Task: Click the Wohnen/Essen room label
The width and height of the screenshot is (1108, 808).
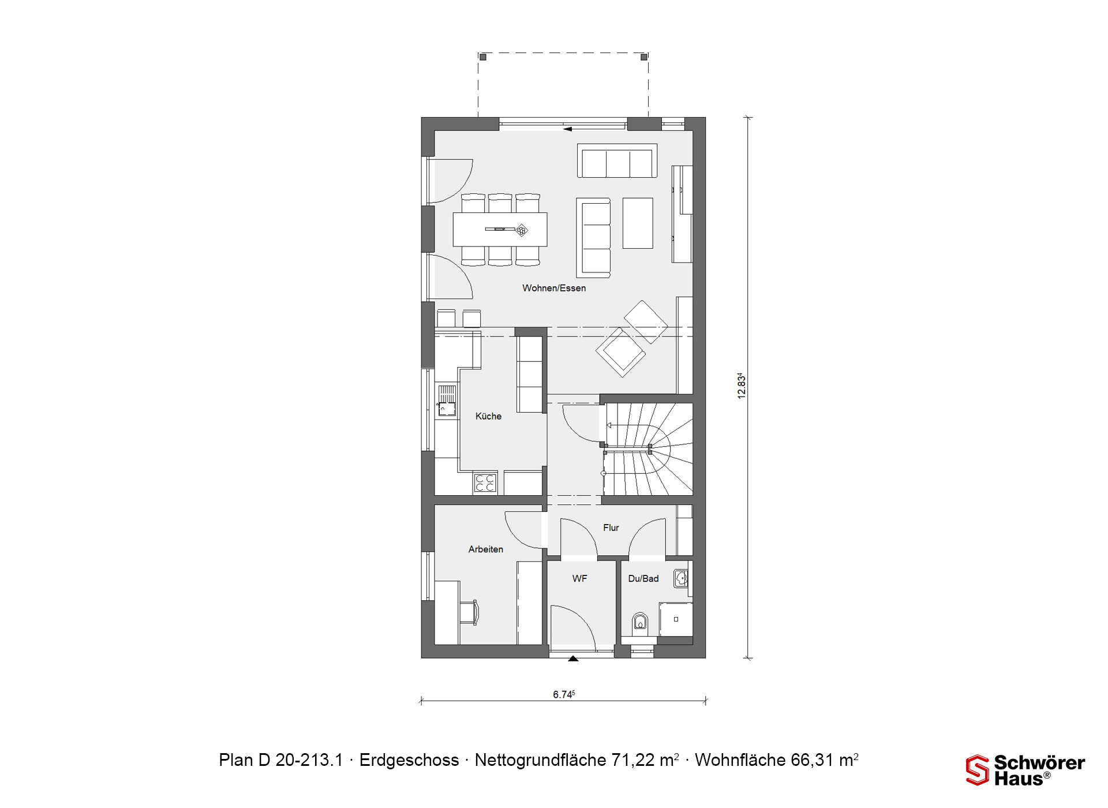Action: coord(554,288)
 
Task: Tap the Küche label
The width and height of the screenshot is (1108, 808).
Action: coord(488,416)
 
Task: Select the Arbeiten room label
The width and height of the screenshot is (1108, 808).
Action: coord(485,549)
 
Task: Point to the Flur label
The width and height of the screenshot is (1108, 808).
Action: coord(611,528)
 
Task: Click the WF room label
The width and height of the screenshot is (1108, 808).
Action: coord(579,578)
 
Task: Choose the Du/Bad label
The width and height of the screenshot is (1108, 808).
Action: coord(643,578)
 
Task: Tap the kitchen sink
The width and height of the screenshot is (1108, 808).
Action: coord(447,401)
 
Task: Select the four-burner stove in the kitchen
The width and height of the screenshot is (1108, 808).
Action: coord(485,483)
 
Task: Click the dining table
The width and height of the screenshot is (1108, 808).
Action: coord(500,230)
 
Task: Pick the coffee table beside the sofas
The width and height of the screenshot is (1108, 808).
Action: coord(638,223)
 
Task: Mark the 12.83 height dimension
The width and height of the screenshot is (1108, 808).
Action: coord(742,386)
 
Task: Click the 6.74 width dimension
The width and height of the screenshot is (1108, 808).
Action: coord(563,694)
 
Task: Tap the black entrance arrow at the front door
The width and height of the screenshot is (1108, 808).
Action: coord(573,658)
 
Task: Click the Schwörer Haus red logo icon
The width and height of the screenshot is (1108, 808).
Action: coord(978,770)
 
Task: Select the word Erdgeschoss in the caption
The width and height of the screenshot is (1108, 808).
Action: coord(409,760)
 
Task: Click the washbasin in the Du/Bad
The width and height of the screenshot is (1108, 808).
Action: coord(681,579)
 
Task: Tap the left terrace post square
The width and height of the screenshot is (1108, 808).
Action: coord(483,57)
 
